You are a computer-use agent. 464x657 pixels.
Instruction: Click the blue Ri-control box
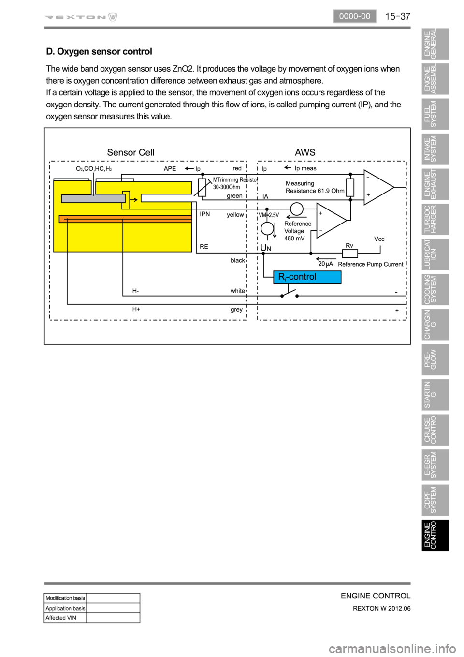coord(307,277)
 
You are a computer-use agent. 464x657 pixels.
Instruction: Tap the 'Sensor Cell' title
coord(130,152)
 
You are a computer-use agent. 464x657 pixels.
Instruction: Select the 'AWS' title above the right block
coord(305,152)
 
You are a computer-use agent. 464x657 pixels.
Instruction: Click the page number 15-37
coord(397,16)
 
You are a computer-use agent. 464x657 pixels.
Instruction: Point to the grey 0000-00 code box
coord(354,16)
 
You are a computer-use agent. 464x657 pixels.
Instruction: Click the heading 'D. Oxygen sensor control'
coord(99,51)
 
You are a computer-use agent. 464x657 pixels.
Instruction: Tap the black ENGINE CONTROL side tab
coord(435,535)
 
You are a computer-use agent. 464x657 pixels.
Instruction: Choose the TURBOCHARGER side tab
coord(435,219)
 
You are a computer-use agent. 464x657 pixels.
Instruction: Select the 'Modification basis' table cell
coord(65,598)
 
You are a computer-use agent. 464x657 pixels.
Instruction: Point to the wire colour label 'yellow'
coord(235,215)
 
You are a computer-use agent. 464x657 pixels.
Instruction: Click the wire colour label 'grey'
coord(236,310)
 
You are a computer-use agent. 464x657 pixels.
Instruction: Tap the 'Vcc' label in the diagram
coord(379,239)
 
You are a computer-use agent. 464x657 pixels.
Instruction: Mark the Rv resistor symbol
coord(349,253)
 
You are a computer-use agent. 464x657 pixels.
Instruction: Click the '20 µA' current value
coord(325,264)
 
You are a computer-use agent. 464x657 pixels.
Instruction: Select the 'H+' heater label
coord(136,309)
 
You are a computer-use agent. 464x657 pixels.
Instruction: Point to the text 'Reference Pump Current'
coord(371,264)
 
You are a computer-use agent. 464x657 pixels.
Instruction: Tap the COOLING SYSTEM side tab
coord(435,289)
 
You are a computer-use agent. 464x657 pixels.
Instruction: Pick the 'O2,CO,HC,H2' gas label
coord(94,169)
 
